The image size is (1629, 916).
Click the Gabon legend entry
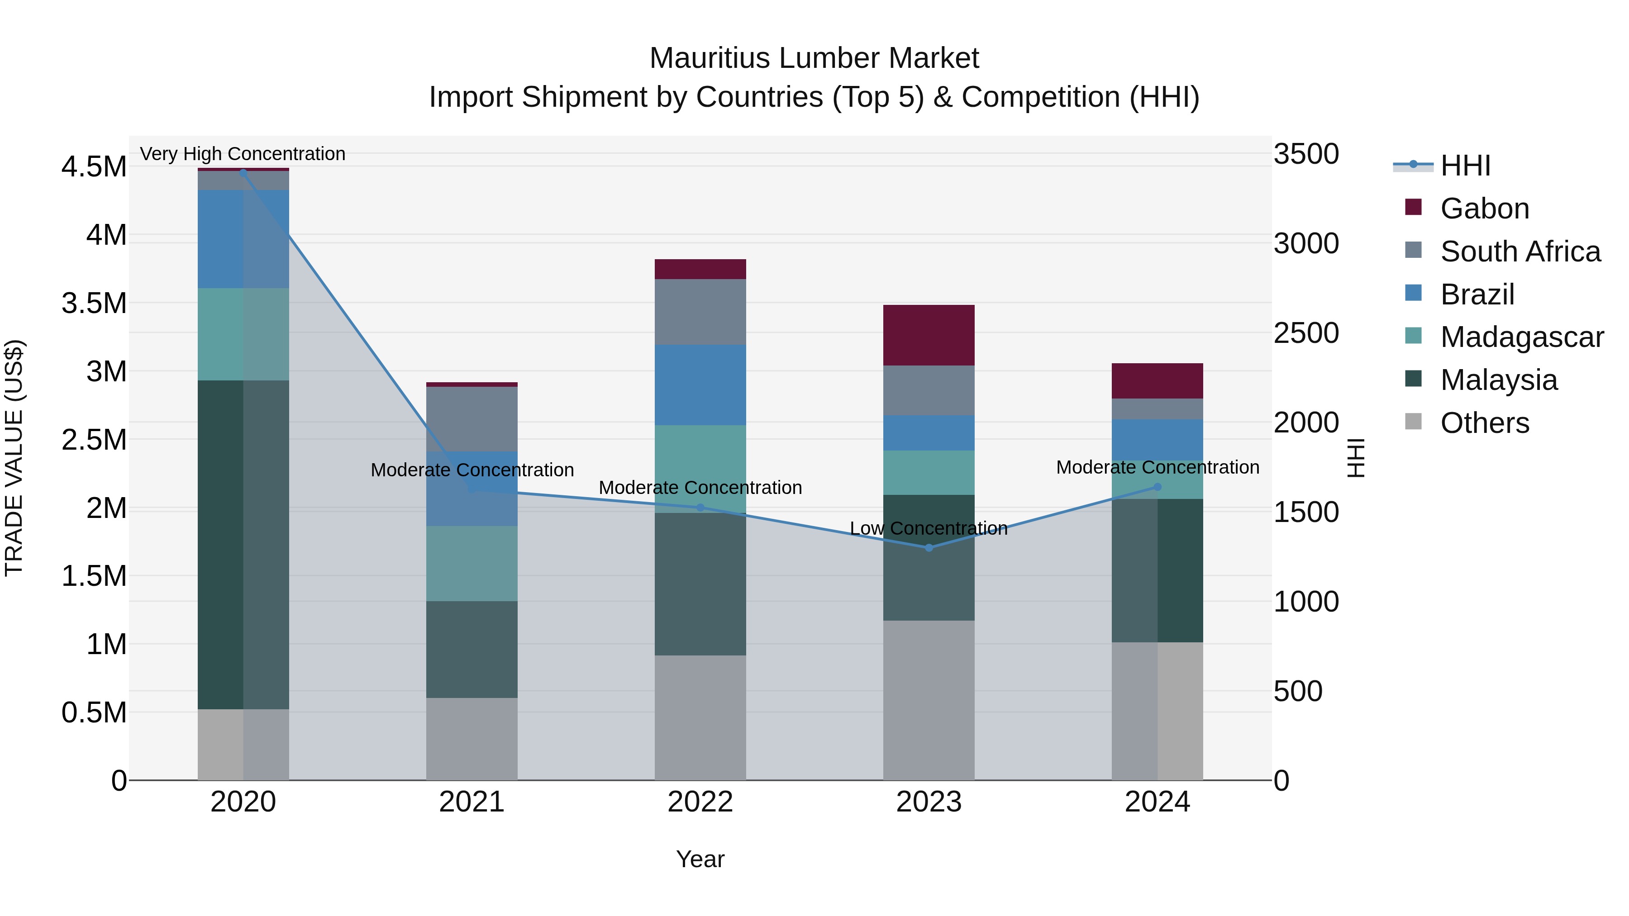(1484, 209)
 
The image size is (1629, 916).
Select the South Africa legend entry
(1519, 252)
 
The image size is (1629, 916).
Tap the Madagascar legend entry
(1521, 337)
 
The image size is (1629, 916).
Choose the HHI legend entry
(1465, 166)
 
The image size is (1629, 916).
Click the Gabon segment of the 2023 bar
(929, 335)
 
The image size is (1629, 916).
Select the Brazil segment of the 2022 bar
(700, 384)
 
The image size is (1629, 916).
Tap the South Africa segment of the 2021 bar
(472, 418)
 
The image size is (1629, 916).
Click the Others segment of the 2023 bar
(929, 700)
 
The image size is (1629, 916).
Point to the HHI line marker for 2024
(1157, 487)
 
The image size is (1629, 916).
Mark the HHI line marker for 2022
(700, 508)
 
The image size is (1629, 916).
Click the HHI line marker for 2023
(929, 547)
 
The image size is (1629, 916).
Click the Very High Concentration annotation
(243, 154)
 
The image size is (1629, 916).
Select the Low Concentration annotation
(929, 528)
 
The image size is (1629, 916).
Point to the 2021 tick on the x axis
(472, 802)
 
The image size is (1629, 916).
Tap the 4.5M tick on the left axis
(94, 167)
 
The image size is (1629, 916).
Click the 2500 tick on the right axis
(1306, 333)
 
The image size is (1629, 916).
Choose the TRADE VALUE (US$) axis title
(14, 458)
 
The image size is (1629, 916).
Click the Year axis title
(700, 859)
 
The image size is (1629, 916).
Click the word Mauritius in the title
(710, 58)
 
